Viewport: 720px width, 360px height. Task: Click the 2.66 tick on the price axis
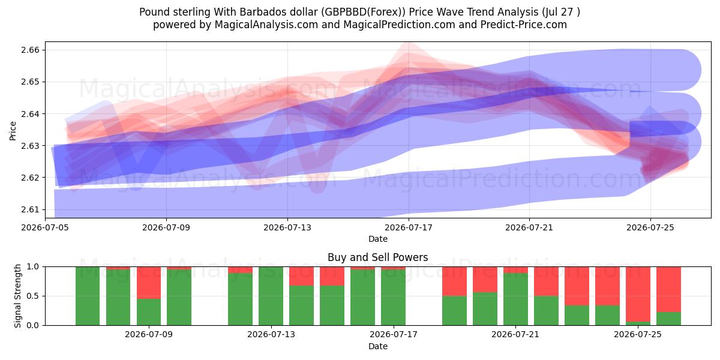[x=30, y=50]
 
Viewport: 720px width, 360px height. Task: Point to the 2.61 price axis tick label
[x=30, y=209]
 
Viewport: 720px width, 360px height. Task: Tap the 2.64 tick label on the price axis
[x=30, y=114]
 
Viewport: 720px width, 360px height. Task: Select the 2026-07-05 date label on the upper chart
[x=45, y=227]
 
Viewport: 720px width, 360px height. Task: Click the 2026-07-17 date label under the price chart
[x=409, y=227]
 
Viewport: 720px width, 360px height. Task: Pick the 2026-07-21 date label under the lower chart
[x=515, y=334]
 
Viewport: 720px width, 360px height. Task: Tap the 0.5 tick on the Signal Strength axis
[x=33, y=296]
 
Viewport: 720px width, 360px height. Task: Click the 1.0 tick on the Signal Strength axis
[x=33, y=267]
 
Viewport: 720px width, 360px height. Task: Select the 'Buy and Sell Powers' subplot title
[x=377, y=257]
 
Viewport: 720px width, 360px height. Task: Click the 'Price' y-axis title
[x=13, y=131]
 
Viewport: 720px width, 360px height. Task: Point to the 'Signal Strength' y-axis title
[x=17, y=296]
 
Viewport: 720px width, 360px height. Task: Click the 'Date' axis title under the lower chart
[x=378, y=346]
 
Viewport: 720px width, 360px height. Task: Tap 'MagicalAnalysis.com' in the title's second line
[x=266, y=25]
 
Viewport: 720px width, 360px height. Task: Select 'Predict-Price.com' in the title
[x=524, y=25]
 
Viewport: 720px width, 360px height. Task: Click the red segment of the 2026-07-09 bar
[x=149, y=283]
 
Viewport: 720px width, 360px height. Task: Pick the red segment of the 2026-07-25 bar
[x=638, y=294]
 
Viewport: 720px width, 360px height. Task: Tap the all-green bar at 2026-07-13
[x=271, y=296]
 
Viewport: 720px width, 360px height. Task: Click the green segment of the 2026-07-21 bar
[x=515, y=299]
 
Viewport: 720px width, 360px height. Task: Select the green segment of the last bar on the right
[x=668, y=319]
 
